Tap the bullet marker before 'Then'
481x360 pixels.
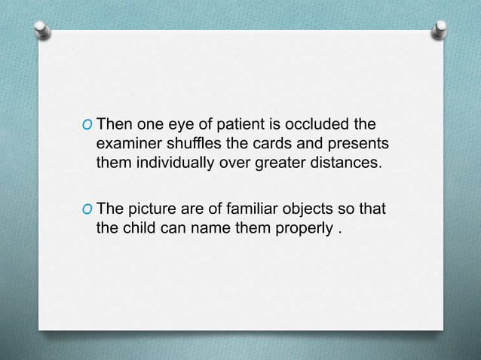pyautogui.click(x=90, y=124)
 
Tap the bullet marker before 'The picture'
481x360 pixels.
pyautogui.click(x=90, y=209)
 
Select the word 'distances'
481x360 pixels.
pyautogui.click(x=345, y=161)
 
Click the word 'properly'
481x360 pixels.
pyautogui.click(x=302, y=227)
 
